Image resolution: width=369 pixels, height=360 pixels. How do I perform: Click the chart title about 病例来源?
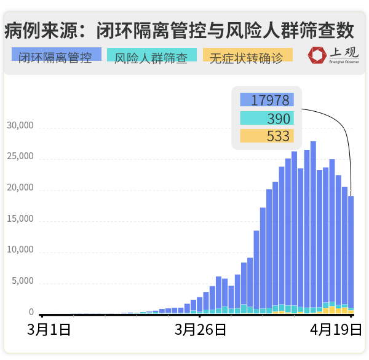[179, 29]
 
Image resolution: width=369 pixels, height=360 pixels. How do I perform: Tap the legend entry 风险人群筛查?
[151, 58]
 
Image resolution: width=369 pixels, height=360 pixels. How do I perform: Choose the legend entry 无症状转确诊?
[247, 58]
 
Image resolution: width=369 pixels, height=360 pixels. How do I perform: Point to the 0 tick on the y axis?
[31, 313]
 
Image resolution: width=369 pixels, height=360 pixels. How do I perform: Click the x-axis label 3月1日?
[49, 330]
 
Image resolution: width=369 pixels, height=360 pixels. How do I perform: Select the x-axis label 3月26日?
[200, 330]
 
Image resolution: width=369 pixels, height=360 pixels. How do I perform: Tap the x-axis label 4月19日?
[336, 330]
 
